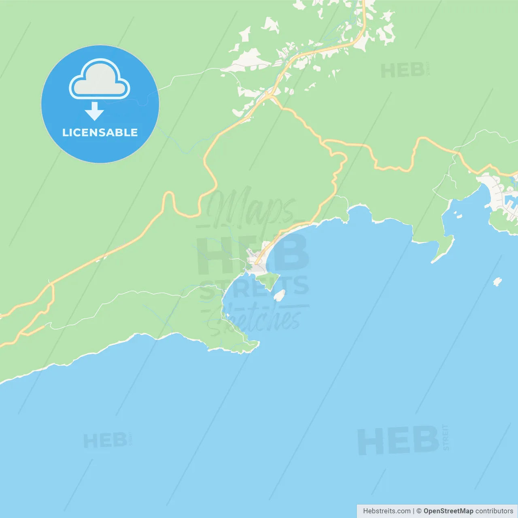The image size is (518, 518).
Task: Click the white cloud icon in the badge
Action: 100,80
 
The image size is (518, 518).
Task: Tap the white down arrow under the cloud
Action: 94,111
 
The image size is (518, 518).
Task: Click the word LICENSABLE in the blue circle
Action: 100,133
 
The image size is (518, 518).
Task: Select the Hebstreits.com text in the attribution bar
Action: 386,511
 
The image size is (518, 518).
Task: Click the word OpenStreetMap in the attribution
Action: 448,511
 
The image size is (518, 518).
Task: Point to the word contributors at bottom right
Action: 494,511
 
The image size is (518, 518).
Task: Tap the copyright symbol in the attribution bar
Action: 419,511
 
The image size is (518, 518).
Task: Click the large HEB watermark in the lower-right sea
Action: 398,441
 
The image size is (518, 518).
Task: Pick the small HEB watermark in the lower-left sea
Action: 105,441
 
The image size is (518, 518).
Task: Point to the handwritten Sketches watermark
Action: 259,320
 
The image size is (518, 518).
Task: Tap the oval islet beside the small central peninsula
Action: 279,295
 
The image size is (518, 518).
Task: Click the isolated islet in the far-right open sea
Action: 497,282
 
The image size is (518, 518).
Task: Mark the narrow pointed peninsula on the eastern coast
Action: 443,249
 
